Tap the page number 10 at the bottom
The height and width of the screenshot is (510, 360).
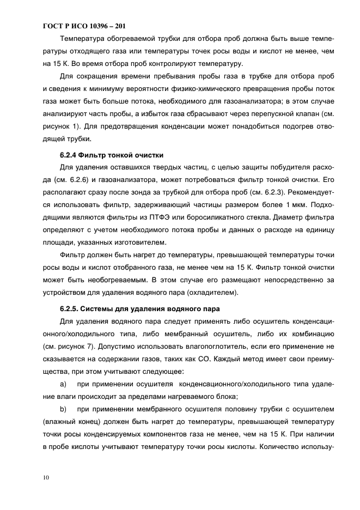pyautogui.click(x=46, y=478)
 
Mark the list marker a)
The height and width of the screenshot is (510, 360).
pyautogui.click(x=63, y=384)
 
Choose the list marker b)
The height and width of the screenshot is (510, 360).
pyautogui.click(x=63, y=408)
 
